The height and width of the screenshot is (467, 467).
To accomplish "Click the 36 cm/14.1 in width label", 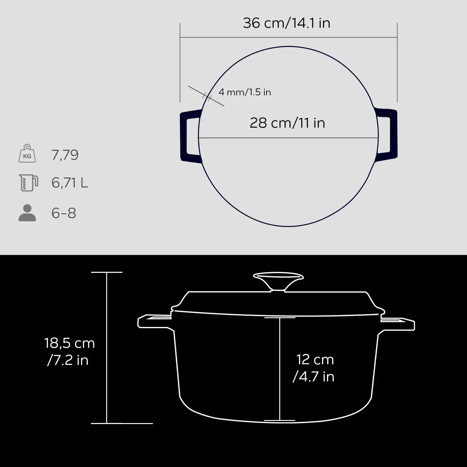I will tap(286, 23).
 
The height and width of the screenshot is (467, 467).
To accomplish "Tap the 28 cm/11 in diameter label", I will tap(287, 123).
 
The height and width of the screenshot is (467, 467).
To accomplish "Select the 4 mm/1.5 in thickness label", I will tap(245, 92).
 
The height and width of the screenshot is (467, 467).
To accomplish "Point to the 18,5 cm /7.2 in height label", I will tap(69, 352).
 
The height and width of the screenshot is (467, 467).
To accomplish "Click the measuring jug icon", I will tap(28, 182).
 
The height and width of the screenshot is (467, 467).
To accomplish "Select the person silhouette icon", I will tap(27, 213).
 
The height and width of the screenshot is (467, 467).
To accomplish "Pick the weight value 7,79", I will tap(65, 155).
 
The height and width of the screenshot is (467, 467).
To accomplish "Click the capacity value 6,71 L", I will tap(70, 182).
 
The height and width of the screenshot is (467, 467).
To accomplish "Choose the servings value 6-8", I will tap(64, 213).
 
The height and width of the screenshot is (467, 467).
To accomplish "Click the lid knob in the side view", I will tap(278, 280).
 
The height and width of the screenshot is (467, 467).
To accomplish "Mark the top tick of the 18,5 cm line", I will tap(107, 272).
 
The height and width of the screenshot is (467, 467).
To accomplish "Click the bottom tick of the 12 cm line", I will tap(280, 421).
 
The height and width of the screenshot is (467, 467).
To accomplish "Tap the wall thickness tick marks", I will tap(207, 96).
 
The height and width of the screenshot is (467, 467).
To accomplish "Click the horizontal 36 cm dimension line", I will tap(288, 37).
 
